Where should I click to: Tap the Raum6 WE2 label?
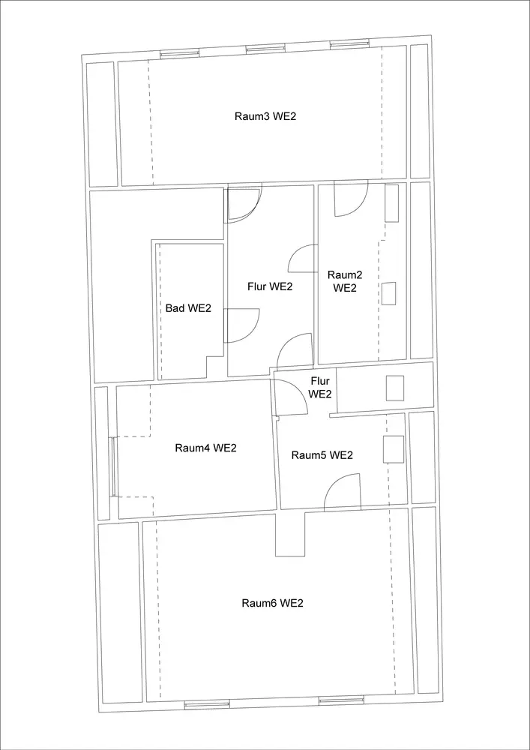point(272,603)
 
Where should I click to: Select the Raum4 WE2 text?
point(205,448)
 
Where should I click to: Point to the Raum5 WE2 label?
point(322,455)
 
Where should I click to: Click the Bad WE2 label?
point(188,308)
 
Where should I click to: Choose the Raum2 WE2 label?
point(345,281)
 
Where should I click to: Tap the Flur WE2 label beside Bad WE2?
point(270,286)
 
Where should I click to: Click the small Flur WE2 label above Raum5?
point(320,388)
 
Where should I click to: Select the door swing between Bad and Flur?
point(241,325)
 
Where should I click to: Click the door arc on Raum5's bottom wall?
point(342,493)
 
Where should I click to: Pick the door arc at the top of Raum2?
point(350,199)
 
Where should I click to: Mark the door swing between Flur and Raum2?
point(302,259)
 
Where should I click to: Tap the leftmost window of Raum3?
point(179,53)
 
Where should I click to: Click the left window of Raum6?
point(208,703)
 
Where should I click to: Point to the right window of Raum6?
point(341,700)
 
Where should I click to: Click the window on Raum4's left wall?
point(112,466)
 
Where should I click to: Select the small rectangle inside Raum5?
point(394,449)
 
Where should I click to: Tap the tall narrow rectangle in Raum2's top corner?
point(392,202)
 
